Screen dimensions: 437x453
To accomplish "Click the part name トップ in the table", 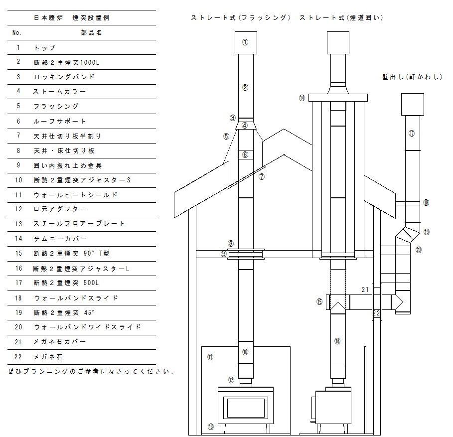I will [45, 48].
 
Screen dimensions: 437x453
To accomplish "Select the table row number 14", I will [18, 239].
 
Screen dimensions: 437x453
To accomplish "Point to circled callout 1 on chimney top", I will [245, 42].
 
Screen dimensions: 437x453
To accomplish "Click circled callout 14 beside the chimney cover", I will [302, 98].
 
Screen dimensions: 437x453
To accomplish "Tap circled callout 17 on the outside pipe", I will [412, 134].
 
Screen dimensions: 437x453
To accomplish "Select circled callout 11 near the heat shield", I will [210, 357].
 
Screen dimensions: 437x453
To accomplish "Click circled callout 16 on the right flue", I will [337, 341].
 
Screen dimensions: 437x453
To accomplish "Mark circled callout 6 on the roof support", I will [245, 154].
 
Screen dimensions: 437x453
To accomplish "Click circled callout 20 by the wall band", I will [418, 250].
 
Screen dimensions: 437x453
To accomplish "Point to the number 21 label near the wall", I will [365, 290].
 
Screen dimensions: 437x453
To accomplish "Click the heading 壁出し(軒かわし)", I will [412, 77].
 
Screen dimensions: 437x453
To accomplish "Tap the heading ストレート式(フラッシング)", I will [241, 17].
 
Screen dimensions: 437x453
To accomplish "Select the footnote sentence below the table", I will [91, 371].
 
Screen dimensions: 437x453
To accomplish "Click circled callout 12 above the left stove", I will [231, 380].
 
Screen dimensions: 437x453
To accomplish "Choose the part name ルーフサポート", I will [60, 121].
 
